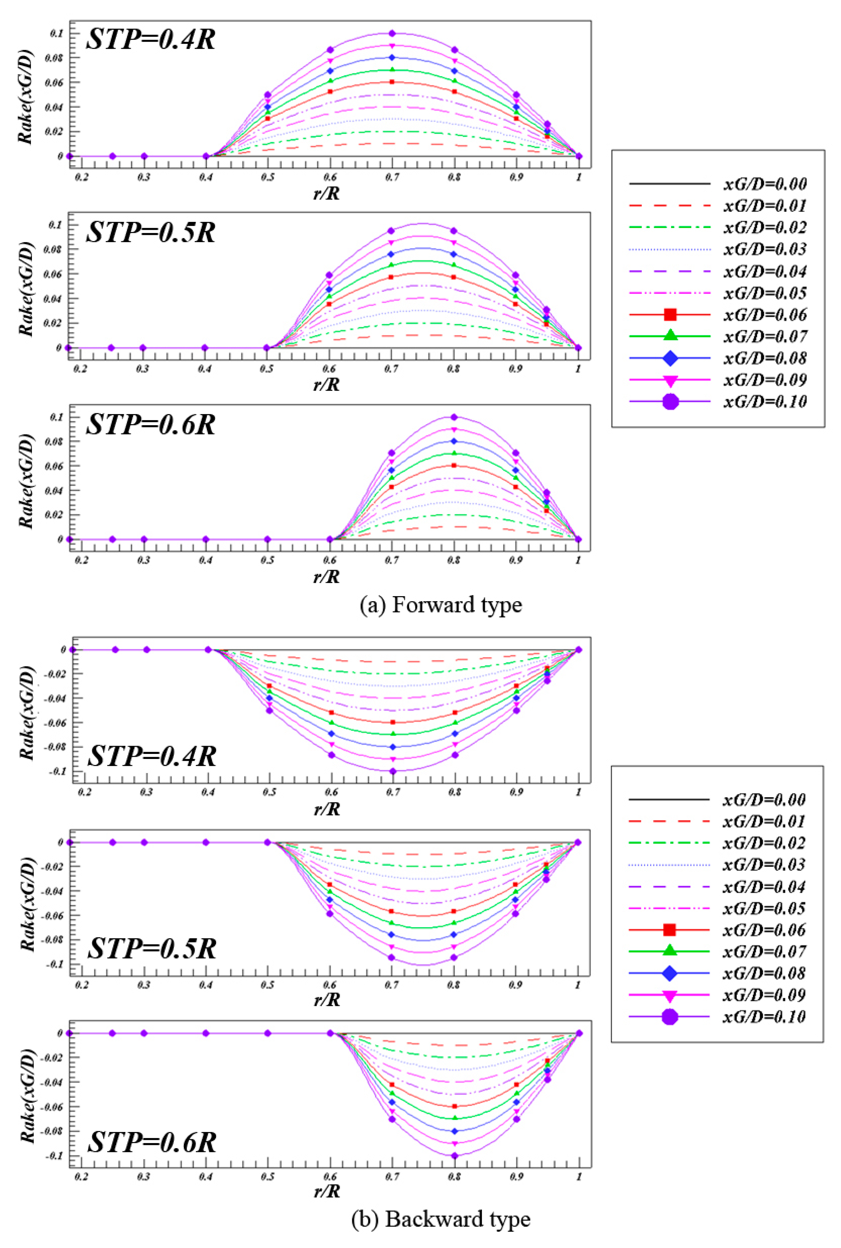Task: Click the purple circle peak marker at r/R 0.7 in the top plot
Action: point(392,33)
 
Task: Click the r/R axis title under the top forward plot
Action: point(327,193)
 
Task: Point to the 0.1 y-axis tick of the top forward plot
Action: point(56,33)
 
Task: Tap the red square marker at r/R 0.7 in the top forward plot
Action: point(392,82)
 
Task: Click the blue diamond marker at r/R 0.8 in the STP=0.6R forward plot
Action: point(454,441)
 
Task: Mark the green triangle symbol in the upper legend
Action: point(670,336)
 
